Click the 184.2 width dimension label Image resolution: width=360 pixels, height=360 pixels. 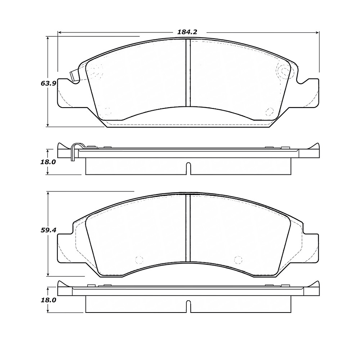[x=187, y=32]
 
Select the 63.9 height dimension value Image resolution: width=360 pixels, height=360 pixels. [x=47, y=83]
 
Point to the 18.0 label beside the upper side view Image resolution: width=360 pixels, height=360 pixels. [x=48, y=162]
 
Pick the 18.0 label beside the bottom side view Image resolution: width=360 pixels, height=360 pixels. [x=48, y=300]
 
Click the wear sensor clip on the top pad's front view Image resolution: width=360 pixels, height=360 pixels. [x=74, y=76]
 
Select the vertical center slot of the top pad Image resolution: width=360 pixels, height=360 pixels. [x=188, y=74]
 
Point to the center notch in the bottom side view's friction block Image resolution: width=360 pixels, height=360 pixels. [x=188, y=307]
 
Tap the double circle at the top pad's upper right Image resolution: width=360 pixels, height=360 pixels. [x=284, y=71]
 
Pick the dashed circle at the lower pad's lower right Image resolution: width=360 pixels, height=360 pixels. [x=238, y=260]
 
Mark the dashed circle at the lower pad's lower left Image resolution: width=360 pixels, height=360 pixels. [x=138, y=260]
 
